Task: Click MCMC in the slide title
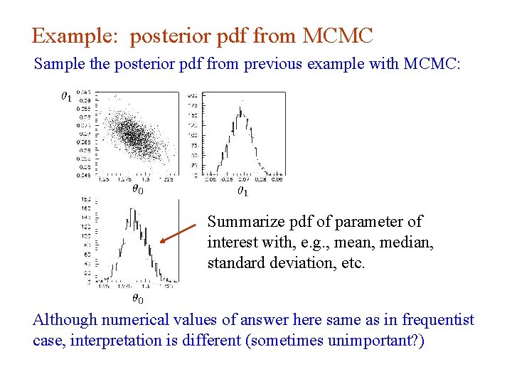(338, 35)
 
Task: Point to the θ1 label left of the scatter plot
(65, 95)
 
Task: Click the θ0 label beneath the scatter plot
(137, 189)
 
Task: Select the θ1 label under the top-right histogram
(242, 191)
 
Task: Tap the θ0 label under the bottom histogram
(137, 300)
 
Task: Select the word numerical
(127, 320)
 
